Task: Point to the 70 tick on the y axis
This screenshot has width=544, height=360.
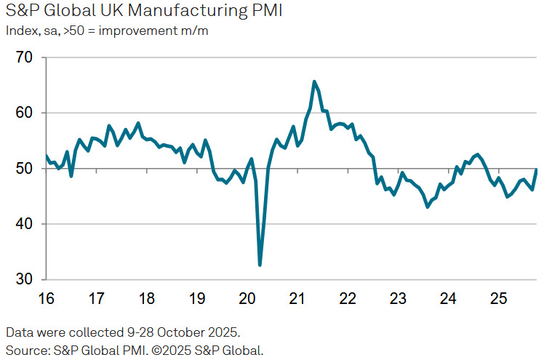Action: (25, 57)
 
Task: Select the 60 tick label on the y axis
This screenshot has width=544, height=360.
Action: (25, 113)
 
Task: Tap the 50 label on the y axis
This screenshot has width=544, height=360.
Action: (25, 169)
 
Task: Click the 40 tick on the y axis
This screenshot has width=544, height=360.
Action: (25, 224)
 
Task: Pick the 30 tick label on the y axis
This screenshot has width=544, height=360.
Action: (25, 280)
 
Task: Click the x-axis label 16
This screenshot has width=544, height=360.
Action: (46, 299)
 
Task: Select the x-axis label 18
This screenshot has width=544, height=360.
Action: (146, 299)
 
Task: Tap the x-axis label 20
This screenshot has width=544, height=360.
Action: (247, 299)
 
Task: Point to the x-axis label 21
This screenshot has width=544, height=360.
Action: (297, 299)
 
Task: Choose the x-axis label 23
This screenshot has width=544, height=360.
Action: (397, 299)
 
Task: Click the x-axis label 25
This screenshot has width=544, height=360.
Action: (497, 299)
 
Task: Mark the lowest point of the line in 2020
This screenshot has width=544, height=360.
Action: (260, 265)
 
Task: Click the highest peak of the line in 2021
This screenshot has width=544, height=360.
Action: (314, 81)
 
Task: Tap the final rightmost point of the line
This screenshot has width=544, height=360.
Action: (537, 169)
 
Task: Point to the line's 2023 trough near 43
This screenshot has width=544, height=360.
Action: (428, 207)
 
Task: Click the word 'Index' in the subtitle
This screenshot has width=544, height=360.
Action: (20, 31)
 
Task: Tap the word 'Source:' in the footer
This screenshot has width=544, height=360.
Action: (26, 350)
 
